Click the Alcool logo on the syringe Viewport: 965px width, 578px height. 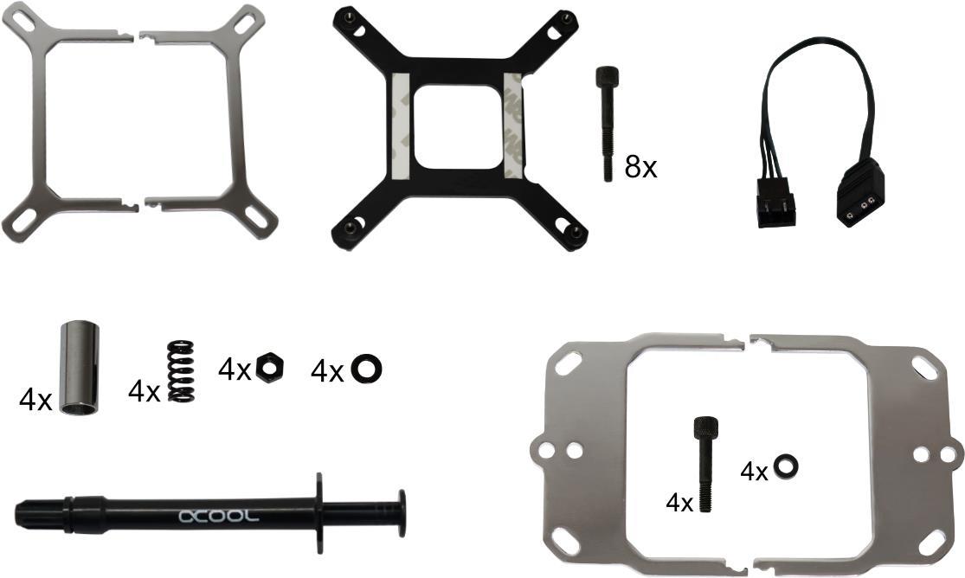point(218,516)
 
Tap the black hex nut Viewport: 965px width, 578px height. point(269,368)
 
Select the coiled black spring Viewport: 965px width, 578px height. point(181,371)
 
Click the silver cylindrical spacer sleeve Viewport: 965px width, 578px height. point(80,368)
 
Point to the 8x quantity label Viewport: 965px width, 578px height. point(640,167)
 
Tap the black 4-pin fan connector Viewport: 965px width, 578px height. point(775,202)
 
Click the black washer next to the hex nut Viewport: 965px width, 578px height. point(366,369)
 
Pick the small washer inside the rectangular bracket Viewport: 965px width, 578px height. point(786,466)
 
